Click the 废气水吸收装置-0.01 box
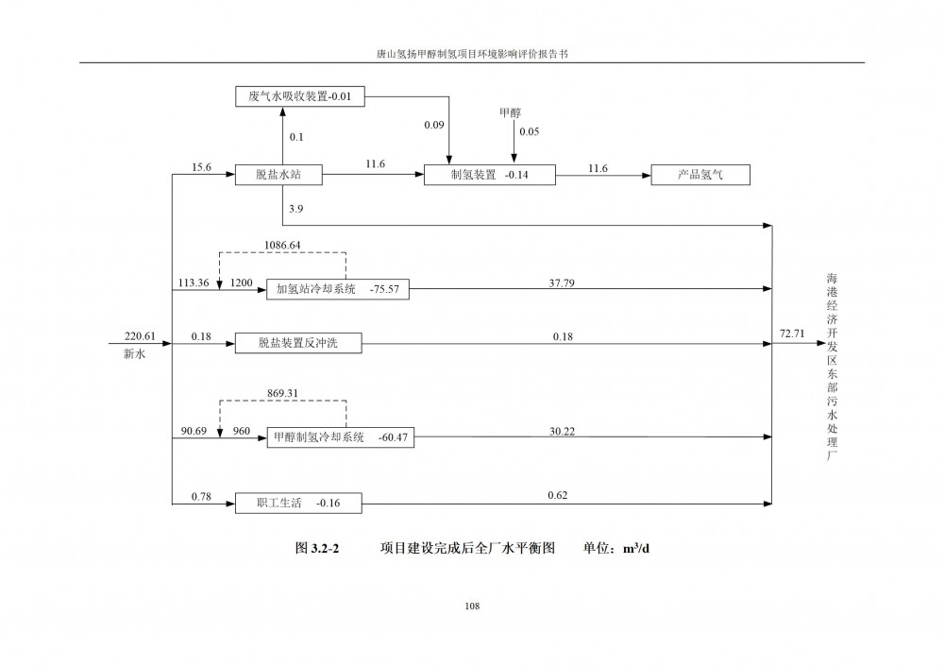click(300, 96)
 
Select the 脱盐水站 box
click(278, 175)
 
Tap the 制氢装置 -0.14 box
click(489, 175)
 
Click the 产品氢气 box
click(700, 175)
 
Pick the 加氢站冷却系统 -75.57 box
click(338, 289)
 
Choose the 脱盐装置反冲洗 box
click(298, 343)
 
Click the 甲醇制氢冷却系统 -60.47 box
click(340, 437)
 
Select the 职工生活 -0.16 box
click(298, 504)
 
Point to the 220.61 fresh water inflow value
click(140, 336)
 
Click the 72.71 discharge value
click(792, 333)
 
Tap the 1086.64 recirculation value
click(282, 246)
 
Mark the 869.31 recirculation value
click(282, 393)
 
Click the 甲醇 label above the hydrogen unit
click(510, 112)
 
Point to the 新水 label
click(134, 353)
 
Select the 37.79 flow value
click(561, 282)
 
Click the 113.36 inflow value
click(194, 282)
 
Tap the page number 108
click(472, 607)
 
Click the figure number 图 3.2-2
click(316, 548)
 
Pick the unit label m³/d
click(636, 548)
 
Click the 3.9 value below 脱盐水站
click(295, 209)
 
